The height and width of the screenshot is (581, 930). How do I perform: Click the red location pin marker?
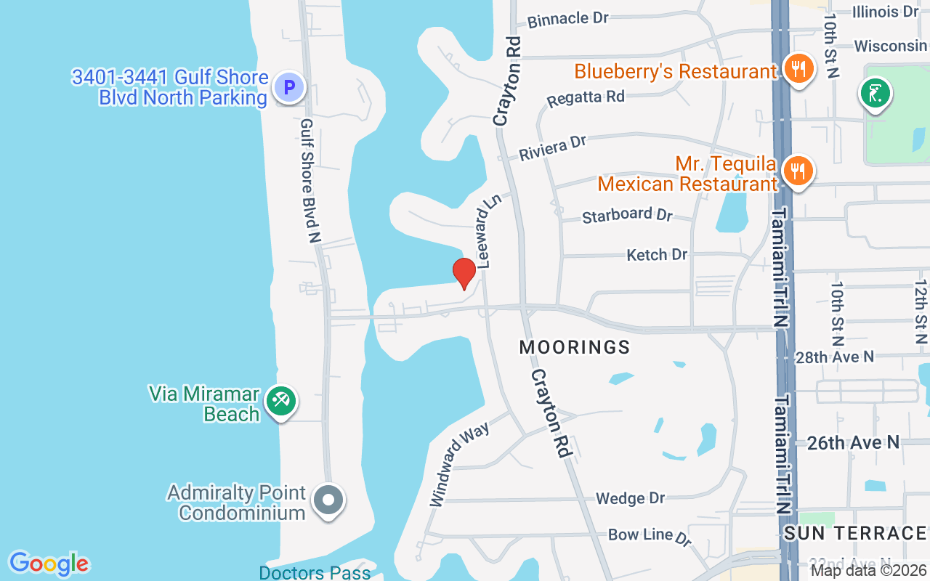click(x=464, y=273)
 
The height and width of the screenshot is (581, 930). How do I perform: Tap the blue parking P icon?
click(x=288, y=89)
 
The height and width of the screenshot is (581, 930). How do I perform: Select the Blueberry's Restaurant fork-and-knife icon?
click(x=798, y=70)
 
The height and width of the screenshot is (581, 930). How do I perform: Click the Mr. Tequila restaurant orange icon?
click(x=798, y=171)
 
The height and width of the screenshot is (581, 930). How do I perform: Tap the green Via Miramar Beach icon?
click(x=280, y=401)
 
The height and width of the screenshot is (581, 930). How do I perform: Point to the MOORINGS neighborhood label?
click(x=575, y=347)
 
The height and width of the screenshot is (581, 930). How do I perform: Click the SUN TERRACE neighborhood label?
click(x=854, y=533)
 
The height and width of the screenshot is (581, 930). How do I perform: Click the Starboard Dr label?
click(x=628, y=215)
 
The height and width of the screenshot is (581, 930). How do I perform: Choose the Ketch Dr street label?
click(x=657, y=254)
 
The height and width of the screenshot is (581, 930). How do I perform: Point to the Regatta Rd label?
click(x=586, y=97)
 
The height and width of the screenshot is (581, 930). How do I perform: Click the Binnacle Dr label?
click(x=568, y=19)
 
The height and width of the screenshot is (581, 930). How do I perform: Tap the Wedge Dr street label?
click(x=630, y=498)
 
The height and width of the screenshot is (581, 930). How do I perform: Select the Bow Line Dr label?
click(x=649, y=536)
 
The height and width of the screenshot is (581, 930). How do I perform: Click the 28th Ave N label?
click(x=834, y=357)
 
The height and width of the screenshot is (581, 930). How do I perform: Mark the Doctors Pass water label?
click(x=315, y=572)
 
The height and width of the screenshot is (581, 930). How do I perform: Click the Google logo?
click(x=49, y=563)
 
